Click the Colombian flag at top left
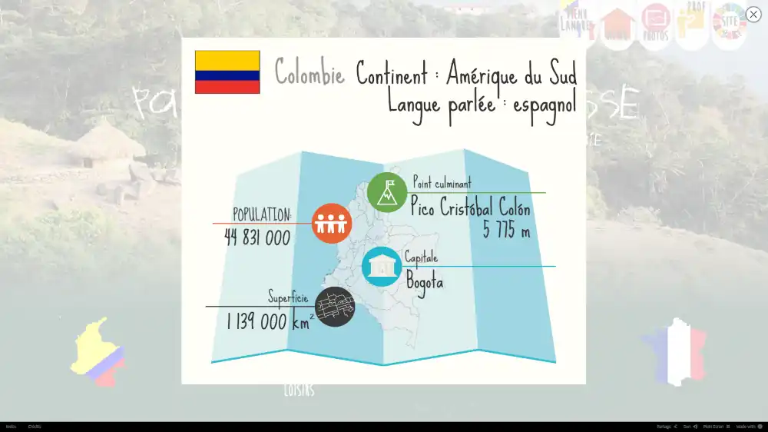tap(227, 72)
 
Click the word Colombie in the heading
tap(310, 73)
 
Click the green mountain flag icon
tap(387, 191)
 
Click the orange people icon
tap(332, 224)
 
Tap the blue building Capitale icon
tap(382, 266)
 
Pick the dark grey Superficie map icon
tap(335, 307)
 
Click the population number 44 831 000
tap(257, 238)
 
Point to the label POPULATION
tap(262, 214)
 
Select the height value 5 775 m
tap(506, 229)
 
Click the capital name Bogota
tap(425, 281)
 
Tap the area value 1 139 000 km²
tap(270, 321)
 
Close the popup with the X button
tap(753, 15)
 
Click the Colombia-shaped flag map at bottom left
tap(98, 352)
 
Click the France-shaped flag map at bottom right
tap(676, 353)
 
